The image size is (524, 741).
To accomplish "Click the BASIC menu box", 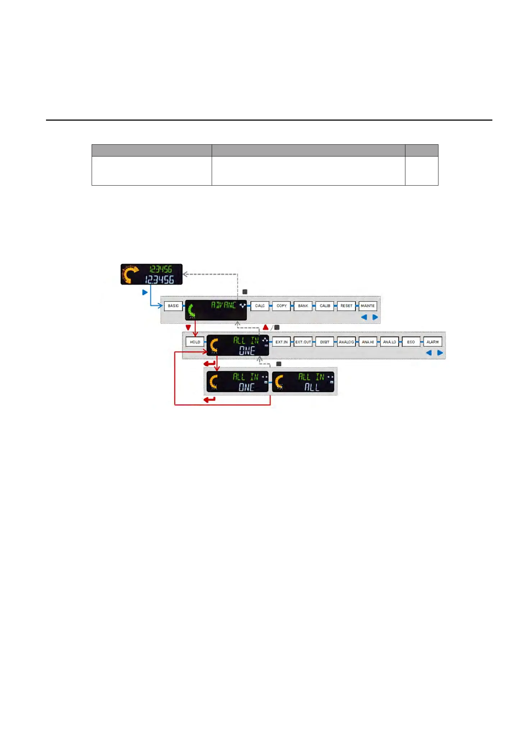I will pos(173,306).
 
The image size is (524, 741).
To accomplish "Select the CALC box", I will pos(260,306).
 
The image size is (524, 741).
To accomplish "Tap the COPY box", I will pos(281,306).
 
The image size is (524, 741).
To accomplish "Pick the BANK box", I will pos(303,306).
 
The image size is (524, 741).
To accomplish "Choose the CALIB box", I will pos(325,306).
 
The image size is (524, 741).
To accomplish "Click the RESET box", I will pos(346,306).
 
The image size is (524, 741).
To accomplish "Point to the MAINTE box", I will pos(368,306).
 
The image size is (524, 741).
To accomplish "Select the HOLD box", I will pos(195,342).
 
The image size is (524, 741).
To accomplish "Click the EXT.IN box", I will pos(281,342).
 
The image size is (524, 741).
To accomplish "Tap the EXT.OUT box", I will pos(303,342).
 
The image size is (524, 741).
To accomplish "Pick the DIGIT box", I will pos(325,342).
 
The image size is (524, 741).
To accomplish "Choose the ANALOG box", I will pos(346,342).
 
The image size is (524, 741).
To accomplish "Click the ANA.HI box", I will pos(368,342).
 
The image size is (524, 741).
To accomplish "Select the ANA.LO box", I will pos(389,342).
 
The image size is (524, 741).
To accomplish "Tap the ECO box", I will pos(411,342).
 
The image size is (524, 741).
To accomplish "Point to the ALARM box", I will pos(432,342).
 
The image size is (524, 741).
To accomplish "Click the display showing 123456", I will pos(151,274).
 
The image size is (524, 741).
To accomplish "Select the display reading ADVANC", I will pos(216,310).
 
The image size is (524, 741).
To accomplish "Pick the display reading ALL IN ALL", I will pos(303,382).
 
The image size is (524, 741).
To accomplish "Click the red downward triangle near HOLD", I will pos(188,327).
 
